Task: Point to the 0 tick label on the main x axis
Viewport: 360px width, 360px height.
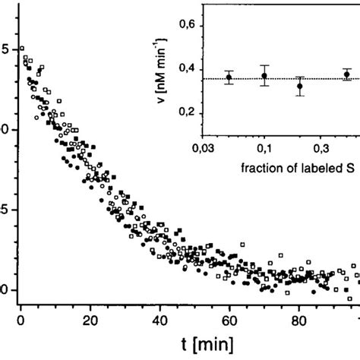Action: coord(21,319)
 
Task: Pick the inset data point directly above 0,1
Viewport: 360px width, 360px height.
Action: coord(264,75)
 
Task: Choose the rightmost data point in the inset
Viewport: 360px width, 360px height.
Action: coord(346,74)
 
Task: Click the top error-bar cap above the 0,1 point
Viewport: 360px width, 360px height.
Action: coord(264,65)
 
